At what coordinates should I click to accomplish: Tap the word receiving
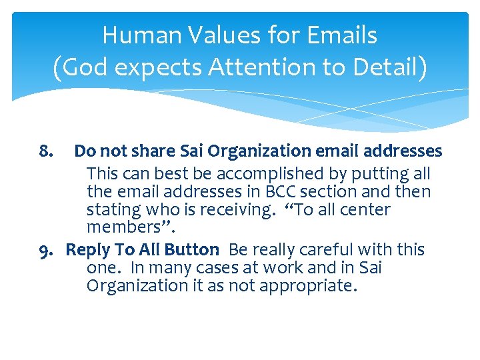point(225,210)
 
